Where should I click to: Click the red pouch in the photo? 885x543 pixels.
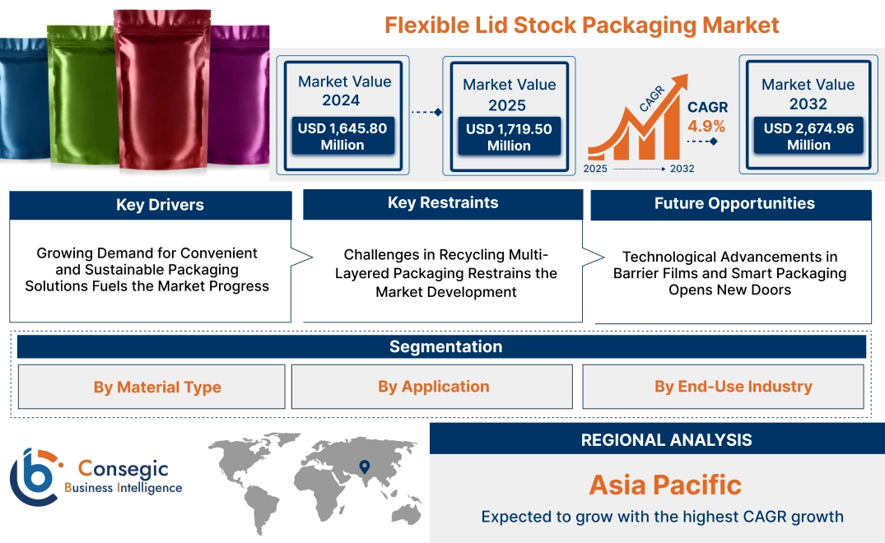click(x=161, y=90)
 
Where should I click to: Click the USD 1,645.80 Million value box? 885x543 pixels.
click(x=342, y=137)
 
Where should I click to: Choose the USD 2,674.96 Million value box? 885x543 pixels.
click(x=808, y=137)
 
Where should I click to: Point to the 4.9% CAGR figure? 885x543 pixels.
click(x=706, y=126)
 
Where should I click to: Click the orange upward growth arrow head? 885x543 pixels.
click(x=679, y=82)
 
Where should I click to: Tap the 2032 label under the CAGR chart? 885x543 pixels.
click(x=682, y=169)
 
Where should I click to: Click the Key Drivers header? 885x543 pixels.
click(x=160, y=205)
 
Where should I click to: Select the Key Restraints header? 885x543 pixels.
click(x=443, y=203)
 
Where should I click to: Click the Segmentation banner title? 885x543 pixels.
click(x=445, y=346)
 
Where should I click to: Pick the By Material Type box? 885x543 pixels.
click(x=157, y=387)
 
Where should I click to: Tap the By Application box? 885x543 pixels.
click(x=434, y=387)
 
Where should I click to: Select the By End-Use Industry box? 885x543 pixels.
click(x=733, y=387)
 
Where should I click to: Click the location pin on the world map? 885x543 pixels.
click(x=363, y=468)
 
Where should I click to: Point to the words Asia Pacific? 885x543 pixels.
click(x=665, y=485)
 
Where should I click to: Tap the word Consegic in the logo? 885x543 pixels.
click(x=123, y=469)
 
